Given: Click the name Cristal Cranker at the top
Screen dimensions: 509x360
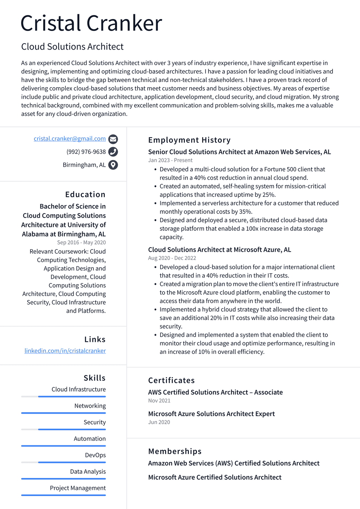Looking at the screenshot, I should click(x=91, y=24).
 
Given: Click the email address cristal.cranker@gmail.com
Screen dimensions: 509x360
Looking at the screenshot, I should click(x=70, y=139).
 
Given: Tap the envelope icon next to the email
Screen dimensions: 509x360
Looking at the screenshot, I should click(x=113, y=139).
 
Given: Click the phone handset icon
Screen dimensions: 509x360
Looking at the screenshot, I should click(x=113, y=152).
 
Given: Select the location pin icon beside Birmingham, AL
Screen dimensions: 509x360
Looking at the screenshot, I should click(x=113, y=165).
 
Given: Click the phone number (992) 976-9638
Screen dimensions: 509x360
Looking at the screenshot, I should click(x=86, y=152).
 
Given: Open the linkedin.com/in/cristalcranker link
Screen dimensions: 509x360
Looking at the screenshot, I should click(x=65, y=351).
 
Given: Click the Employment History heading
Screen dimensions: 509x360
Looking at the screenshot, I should click(x=189, y=140).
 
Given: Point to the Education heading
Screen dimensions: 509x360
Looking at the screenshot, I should click(x=85, y=195).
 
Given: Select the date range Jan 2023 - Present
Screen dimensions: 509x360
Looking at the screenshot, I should click(x=170, y=160).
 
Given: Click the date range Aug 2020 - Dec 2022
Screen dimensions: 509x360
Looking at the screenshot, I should click(x=172, y=258).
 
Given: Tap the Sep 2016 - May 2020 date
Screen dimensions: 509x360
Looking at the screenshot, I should click(x=81, y=243).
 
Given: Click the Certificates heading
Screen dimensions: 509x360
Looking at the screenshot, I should click(x=171, y=380).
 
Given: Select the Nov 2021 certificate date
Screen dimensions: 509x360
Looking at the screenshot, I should click(x=159, y=401).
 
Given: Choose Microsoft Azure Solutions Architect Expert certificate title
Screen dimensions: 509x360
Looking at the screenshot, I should click(x=211, y=414).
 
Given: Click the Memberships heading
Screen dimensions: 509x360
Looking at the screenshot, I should click(x=175, y=451).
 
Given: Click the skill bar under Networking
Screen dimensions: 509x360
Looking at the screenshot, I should click(x=63, y=413).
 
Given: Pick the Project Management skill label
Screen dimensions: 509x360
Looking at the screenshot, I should click(x=78, y=488).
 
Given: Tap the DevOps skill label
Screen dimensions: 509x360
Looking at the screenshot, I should click(x=95, y=455).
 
